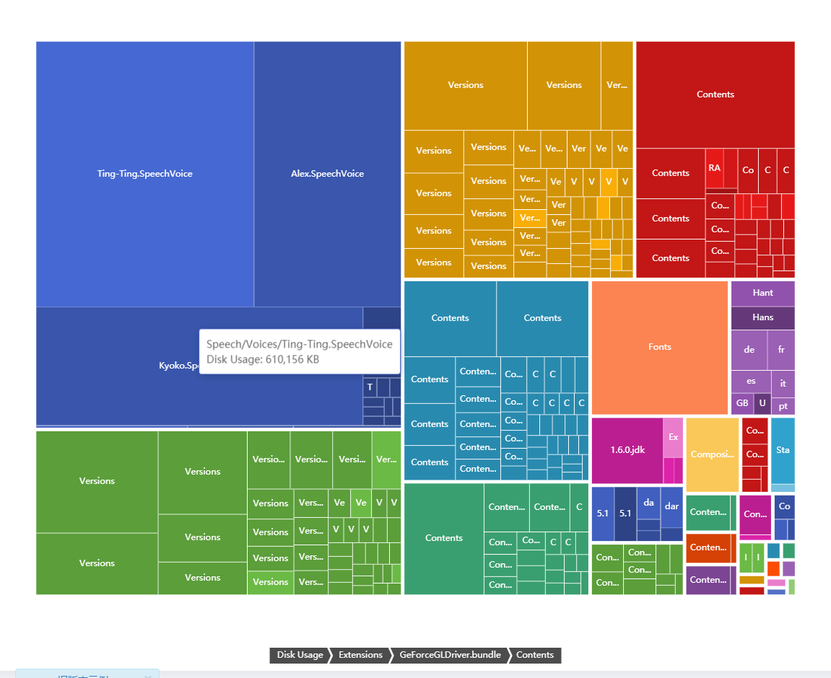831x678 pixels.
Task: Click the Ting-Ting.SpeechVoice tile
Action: (144, 174)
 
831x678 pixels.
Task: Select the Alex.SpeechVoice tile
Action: (327, 174)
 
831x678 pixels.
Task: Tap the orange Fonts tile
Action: (659, 347)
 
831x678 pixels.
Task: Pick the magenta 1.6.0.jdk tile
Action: (627, 450)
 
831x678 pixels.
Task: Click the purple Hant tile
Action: (762, 293)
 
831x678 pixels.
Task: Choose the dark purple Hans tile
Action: (762, 317)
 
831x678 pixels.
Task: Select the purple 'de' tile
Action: (749, 349)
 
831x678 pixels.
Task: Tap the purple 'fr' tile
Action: (781, 349)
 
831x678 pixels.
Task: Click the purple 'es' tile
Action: (751, 381)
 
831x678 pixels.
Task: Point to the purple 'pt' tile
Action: (783, 406)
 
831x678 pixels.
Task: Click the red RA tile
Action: (714, 168)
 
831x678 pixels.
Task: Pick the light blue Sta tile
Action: (783, 450)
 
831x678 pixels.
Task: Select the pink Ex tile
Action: (673, 437)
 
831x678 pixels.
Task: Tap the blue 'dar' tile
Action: (671, 506)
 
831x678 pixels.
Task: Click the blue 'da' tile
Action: (648, 503)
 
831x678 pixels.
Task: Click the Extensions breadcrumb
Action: (360, 655)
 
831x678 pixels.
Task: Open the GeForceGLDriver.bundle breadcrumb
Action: (450, 655)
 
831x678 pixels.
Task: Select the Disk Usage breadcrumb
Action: (300, 655)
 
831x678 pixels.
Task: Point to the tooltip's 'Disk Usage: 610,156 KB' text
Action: (263, 359)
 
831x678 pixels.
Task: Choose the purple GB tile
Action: (742, 403)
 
